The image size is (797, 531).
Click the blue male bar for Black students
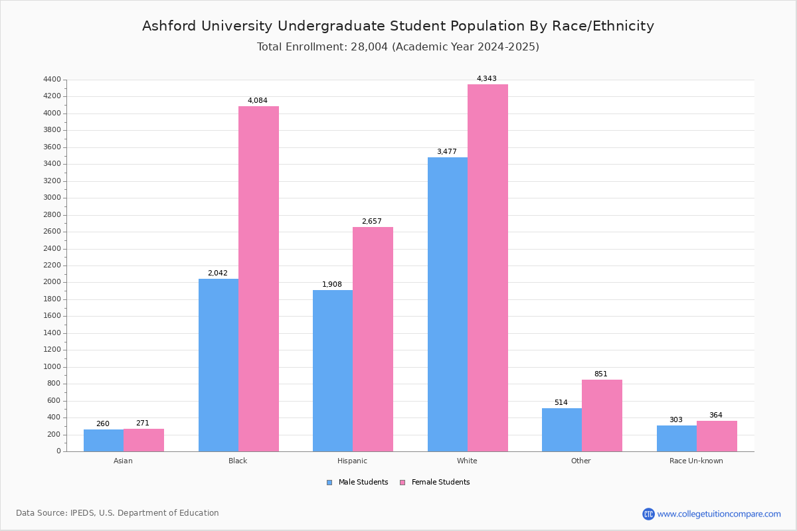point(219,365)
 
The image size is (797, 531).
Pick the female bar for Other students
point(602,416)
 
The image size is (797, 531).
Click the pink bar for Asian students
point(143,440)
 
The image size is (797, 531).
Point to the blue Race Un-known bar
point(677,438)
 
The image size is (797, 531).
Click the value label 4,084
point(258,101)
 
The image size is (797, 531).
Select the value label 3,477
point(446,152)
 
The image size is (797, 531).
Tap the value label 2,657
point(371,222)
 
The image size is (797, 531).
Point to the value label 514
point(561,403)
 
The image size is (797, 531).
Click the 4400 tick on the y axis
point(52,80)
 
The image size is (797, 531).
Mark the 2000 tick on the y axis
point(52,282)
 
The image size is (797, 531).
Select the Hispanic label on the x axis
point(352,461)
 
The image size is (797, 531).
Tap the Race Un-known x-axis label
point(696,461)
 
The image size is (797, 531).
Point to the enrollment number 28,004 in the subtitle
point(366,47)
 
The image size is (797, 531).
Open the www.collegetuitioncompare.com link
point(719,514)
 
